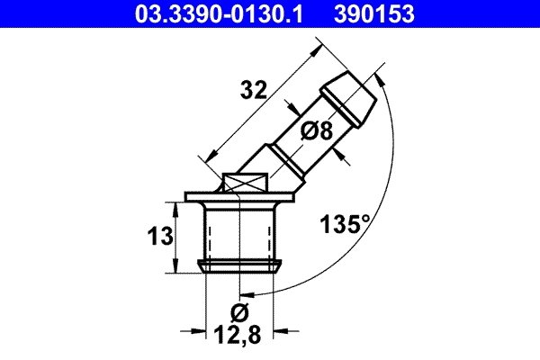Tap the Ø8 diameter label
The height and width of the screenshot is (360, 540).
[316, 131]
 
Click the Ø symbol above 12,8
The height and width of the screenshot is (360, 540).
[238, 314]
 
